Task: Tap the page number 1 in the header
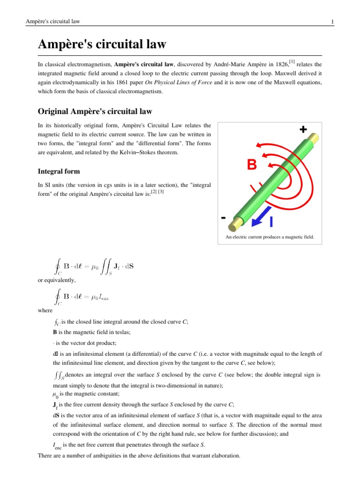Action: point(332,22)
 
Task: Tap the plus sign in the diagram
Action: point(303,130)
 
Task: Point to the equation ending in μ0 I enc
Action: point(82,297)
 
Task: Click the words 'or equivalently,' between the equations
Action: point(56,280)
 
